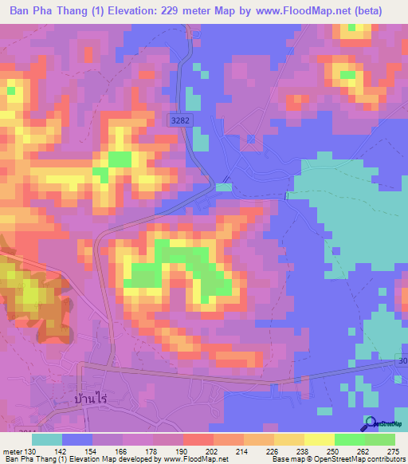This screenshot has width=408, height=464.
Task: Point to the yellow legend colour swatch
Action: (x=319, y=439)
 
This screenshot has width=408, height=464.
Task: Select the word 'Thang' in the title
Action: (x=69, y=11)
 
